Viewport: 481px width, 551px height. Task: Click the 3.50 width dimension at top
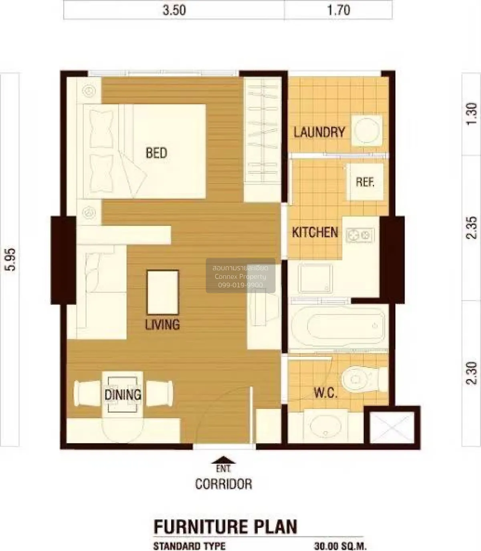point(174,10)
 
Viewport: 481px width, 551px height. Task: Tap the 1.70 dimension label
point(338,10)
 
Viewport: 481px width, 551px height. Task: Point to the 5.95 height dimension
point(11,259)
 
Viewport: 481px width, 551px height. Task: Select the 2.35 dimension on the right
point(471,227)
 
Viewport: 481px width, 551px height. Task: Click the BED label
point(156,153)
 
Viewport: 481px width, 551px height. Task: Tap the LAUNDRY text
point(319,132)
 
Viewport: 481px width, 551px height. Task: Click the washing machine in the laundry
point(367,131)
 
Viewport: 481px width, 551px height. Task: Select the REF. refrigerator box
point(365,182)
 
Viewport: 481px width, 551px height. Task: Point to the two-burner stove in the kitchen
point(360,235)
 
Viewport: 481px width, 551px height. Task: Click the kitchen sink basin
point(315,278)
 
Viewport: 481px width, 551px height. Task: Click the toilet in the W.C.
point(364,379)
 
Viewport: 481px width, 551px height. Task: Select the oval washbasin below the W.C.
point(325,426)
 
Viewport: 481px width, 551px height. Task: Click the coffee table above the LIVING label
point(163,292)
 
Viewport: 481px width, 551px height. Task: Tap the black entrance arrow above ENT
point(223,460)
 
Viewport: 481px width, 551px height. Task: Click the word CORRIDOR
point(224,484)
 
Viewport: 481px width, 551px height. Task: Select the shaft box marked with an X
point(392,427)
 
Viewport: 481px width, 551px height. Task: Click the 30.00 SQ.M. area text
point(340,546)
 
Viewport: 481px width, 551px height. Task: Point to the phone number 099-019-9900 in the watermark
point(240,285)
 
